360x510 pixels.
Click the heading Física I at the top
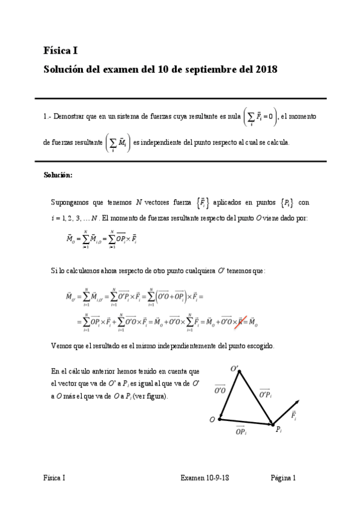click(x=61, y=51)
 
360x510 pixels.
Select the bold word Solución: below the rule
click(x=58, y=176)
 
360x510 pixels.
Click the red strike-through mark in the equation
click(x=242, y=321)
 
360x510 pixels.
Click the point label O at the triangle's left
click(x=212, y=420)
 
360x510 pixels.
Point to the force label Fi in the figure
click(x=293, y=416)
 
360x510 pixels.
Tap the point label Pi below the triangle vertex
click(x=278, y=429)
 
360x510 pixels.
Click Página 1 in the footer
click(x=283, y=479)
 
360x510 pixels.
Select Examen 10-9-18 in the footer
click(x=205, y=479)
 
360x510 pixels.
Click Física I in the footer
click(x=54, y=479)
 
